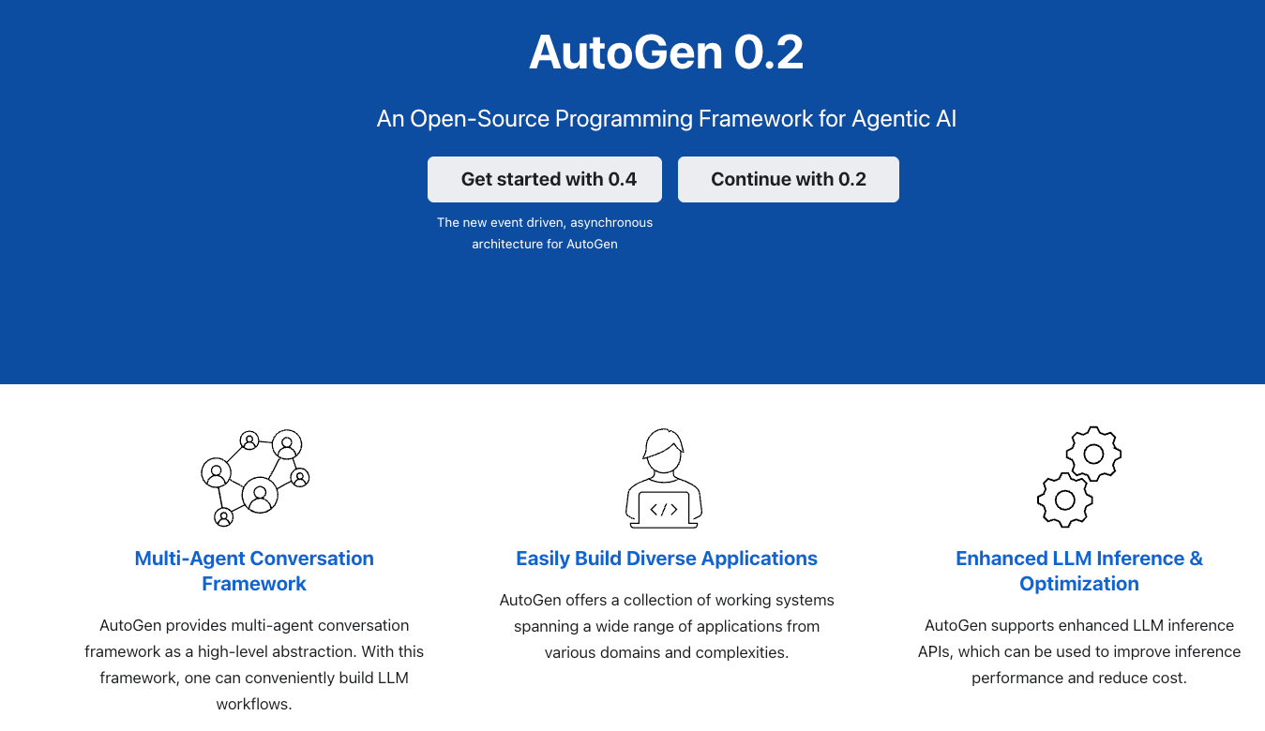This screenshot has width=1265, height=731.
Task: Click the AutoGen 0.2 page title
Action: pos(666,52)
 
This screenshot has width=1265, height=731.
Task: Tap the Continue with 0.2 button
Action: pos(788,179)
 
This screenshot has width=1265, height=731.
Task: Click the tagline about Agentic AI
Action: pos(666,119)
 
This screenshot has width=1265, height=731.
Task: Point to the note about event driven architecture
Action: pos(545,233)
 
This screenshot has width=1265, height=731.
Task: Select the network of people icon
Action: pos(255,478)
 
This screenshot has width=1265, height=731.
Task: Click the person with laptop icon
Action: pos(664,478)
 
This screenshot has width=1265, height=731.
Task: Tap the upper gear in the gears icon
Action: pos(1093,455)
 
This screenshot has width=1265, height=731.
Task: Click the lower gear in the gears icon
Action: pos(1064,500)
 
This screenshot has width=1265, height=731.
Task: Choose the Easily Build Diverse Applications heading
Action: pos(666,559)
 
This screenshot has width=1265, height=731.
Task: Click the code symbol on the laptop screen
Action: pos(664,509)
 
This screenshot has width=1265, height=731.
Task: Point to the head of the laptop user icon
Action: pos(664,447)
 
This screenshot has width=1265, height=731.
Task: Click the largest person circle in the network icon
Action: pos(260,493)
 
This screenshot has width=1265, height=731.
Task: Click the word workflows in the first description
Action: pos(254,704)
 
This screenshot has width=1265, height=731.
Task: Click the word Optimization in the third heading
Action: pos(1078,584)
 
